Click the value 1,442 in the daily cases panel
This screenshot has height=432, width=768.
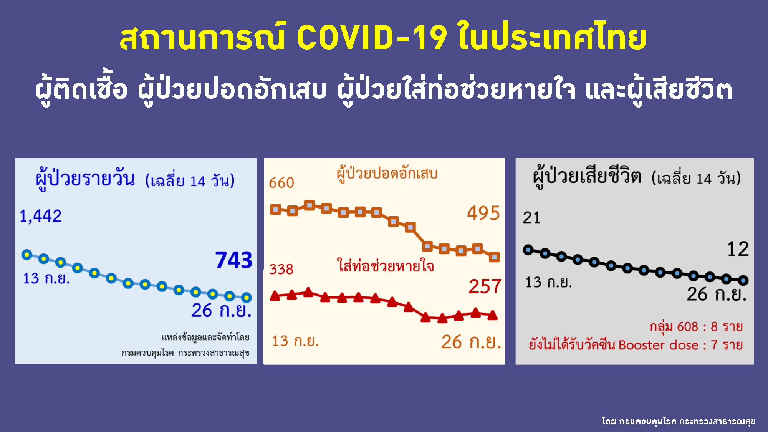pyautogui.click(x=41, y=216)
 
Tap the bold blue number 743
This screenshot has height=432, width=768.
pyautogui.click(x=234, y=260)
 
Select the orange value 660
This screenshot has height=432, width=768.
pyautogui.click(x=281, y=183)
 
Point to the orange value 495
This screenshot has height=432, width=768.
pyautogui.click(x=483, y=213)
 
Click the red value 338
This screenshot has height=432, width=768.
pyautogui.click(x=281, y=269)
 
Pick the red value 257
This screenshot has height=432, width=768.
pyautogui.click(x=485, y=286)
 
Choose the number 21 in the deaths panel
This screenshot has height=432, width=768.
pyautogui.click(x=532, y=218)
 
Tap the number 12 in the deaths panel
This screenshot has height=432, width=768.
pyautogui.click(x=738, y=249)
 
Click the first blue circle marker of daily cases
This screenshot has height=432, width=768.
pyautogui.click(x=27, y=255)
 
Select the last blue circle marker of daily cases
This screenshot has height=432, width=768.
pyautogui.click(x=247, y=297)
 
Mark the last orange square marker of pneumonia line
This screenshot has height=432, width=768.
pyautogui.click(x=494, y=257)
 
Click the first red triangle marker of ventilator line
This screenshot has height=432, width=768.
pyautogui.click(x=275, y=295)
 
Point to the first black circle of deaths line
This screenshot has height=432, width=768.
pyautogui.click(x=528, y=250)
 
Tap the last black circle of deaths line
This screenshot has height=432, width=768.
pyautogui.click(x=743, y=280)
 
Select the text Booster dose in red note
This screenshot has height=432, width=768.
pyautogui.click(x=659, y=345)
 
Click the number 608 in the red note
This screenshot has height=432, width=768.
pyautogui.click(x=687, y=326)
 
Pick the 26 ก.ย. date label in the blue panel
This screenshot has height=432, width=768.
pyautogui.click(x=222, y=310)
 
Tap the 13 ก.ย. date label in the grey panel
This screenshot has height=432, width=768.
pyautogui.click(x=549, y=282)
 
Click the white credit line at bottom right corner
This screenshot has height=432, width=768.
pyautogui.click(x=679, y=421)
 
